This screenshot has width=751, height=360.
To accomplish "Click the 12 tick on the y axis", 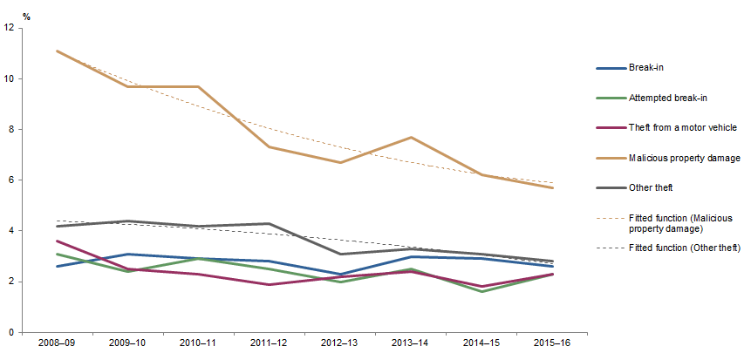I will tap(9, 28).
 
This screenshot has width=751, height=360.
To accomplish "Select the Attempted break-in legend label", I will tap(667, 98).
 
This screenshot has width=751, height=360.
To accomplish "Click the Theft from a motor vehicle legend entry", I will tap(683, 127).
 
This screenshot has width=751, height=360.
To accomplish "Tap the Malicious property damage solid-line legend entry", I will tap(683, 158).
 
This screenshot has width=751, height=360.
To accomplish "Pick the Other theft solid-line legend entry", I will tap(652, 187).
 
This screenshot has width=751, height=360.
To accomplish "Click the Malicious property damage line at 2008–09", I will tap(57, 51).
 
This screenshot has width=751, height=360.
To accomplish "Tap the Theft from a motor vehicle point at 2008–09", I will tap(57, 241).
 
